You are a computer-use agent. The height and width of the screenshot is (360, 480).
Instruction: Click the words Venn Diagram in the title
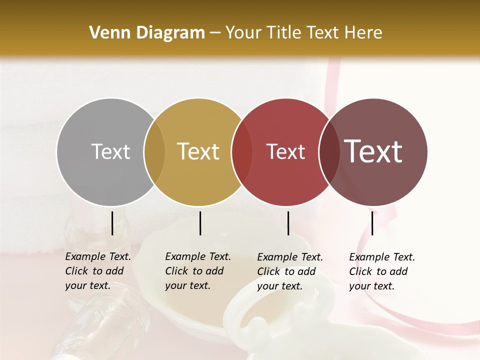tap(147, 33)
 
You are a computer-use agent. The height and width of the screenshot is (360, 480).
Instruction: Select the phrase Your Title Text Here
tap(303, 33)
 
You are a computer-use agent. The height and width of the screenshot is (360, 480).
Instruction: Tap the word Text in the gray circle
tap(110, 151)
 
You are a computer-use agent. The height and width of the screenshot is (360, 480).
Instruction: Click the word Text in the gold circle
tap(198, 151)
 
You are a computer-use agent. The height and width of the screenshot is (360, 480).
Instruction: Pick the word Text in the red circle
tap(285, 151)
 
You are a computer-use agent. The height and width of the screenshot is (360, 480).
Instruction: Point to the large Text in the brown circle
tap(373, 151)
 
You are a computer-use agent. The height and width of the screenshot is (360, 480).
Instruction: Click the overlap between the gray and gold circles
tap(154, 152)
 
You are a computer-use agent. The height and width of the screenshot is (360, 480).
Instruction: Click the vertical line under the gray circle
tap(112, 223)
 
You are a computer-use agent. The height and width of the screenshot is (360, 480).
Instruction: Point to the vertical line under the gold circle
tap(200, 223)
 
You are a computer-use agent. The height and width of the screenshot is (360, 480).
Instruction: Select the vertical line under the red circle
tap(288, 223)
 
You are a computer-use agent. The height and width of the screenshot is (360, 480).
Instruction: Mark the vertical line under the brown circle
tap(372, 223)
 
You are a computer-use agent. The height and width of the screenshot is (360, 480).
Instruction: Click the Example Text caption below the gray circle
tap(98, 271)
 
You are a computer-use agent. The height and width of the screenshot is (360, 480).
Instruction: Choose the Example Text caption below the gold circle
tap(198, 271)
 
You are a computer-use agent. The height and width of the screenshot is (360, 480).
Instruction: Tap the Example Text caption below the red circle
tap(290, 271)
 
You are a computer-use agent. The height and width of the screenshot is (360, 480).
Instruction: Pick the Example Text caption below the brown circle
tap(382, 271)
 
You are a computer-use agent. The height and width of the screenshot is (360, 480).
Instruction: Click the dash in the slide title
tap(215, 33)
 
